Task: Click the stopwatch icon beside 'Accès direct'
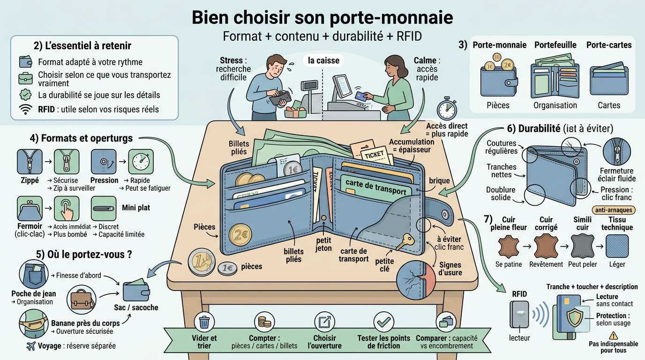point(446,109)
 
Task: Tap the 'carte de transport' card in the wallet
point(375,187)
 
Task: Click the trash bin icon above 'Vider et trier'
point(204,322)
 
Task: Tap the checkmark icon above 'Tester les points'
point(383,322)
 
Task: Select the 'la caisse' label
point(323,60)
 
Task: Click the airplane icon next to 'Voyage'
point(31,346)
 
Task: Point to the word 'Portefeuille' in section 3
point(555,45)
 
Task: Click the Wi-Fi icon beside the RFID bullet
point(25,110)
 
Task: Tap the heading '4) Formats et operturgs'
point(81,138)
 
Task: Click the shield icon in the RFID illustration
point(575,318)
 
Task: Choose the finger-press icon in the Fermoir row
point(67,209)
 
